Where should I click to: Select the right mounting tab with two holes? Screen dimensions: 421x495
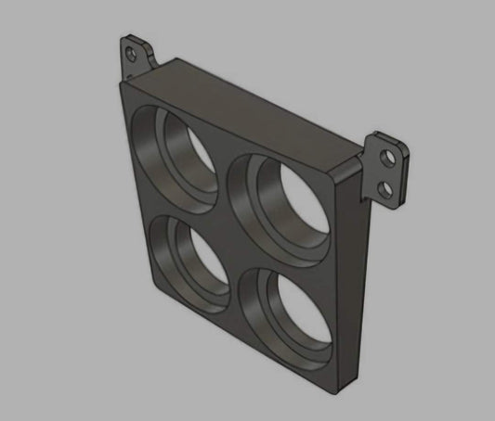387,171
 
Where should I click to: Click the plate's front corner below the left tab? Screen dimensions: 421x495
125,83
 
